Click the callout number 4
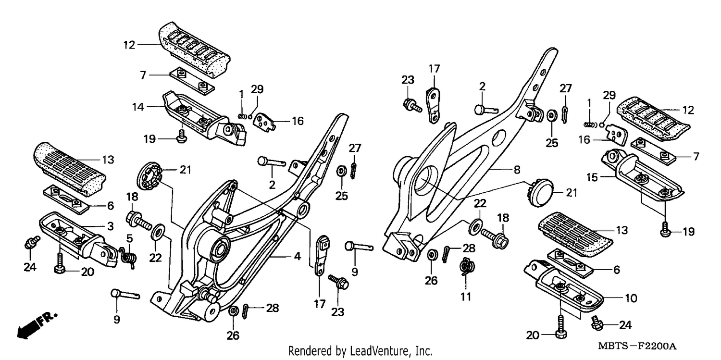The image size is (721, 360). click(297, 256)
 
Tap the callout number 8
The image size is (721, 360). click(517, 170)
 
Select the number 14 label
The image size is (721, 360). click(138, 107)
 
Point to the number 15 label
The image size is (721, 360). click(592, 177)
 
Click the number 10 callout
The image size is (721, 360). click(631, 298)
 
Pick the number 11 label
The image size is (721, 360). click(466, 297)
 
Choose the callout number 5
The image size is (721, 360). click(129, 239)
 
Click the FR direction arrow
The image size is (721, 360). click(37, 325)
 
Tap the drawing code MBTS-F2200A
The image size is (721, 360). click(637, 346)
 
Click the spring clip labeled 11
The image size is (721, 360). click(467, 266)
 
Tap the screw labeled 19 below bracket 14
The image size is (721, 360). click(182, 137)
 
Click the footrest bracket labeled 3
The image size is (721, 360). click(79, 238)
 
